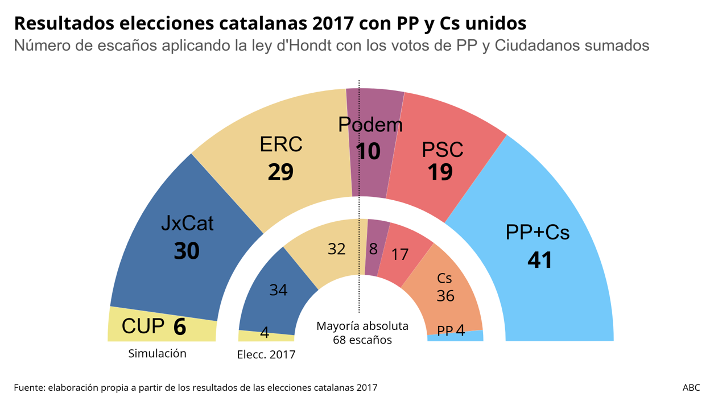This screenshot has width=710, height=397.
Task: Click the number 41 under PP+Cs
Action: [x=540, y=260]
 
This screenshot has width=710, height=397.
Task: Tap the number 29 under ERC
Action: [x=280, y=172]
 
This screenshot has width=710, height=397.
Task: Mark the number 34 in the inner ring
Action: [x=278, y=290]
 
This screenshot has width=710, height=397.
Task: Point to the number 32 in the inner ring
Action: [x=337, y=249]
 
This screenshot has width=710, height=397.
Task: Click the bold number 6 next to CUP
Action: [x=180, y=326]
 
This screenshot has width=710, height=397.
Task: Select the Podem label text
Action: [x=370, y=125]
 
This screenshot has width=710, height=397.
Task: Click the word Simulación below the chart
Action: [x=157, y=353]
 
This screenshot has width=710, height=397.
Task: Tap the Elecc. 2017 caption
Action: [x=266, y=355]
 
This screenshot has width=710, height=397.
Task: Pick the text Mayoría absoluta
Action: [x=362, y=326]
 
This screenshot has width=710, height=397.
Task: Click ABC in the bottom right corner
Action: [x=691, y=387]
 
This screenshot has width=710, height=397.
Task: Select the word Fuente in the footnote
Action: [x=28, y=387]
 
